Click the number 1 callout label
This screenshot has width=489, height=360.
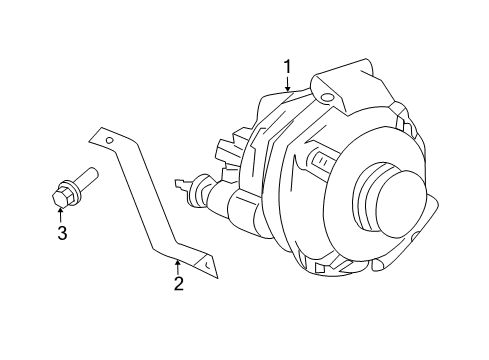click(288, 67)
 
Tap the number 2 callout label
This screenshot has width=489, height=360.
click(178, 284)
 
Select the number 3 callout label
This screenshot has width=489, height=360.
click(61, 234)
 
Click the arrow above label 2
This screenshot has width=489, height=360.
click(178, 263)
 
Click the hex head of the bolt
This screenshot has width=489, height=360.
click(59, 196)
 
